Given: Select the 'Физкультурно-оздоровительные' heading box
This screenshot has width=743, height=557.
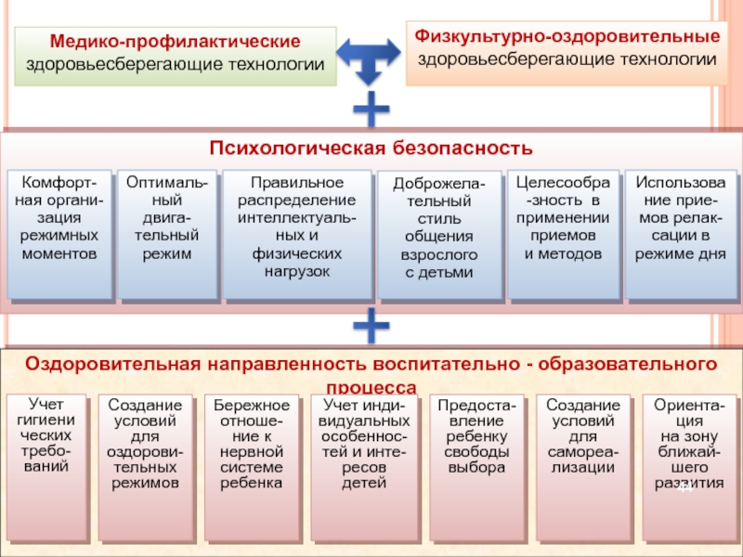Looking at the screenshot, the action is pyautogui.click(x=567, y=50).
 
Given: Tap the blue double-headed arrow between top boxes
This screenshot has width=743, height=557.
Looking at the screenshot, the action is pyautogui.click(x=371, y=58).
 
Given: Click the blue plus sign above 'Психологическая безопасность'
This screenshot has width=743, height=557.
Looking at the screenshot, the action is pyautogui.click(x=371, y=110).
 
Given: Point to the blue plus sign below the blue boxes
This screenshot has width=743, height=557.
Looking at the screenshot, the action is pyautogui.click(x=371, y=327).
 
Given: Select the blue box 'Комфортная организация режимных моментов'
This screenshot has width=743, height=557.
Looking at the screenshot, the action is pyautogui.click(x=59, y=234).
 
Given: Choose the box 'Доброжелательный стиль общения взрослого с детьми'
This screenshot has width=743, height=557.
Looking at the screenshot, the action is pyautogui.click(x=439, y=236).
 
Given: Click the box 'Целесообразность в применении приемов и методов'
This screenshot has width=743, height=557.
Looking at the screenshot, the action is pyautogui.click(x=564, y=234).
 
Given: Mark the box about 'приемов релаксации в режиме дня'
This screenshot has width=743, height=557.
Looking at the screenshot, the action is pyautogui.click(x=681, y=234).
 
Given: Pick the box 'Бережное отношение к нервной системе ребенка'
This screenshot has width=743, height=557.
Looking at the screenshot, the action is pyautogui.click(x=252, y=466).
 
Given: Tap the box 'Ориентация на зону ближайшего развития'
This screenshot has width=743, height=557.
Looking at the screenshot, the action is pyautogui.click(x=689, y=466).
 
